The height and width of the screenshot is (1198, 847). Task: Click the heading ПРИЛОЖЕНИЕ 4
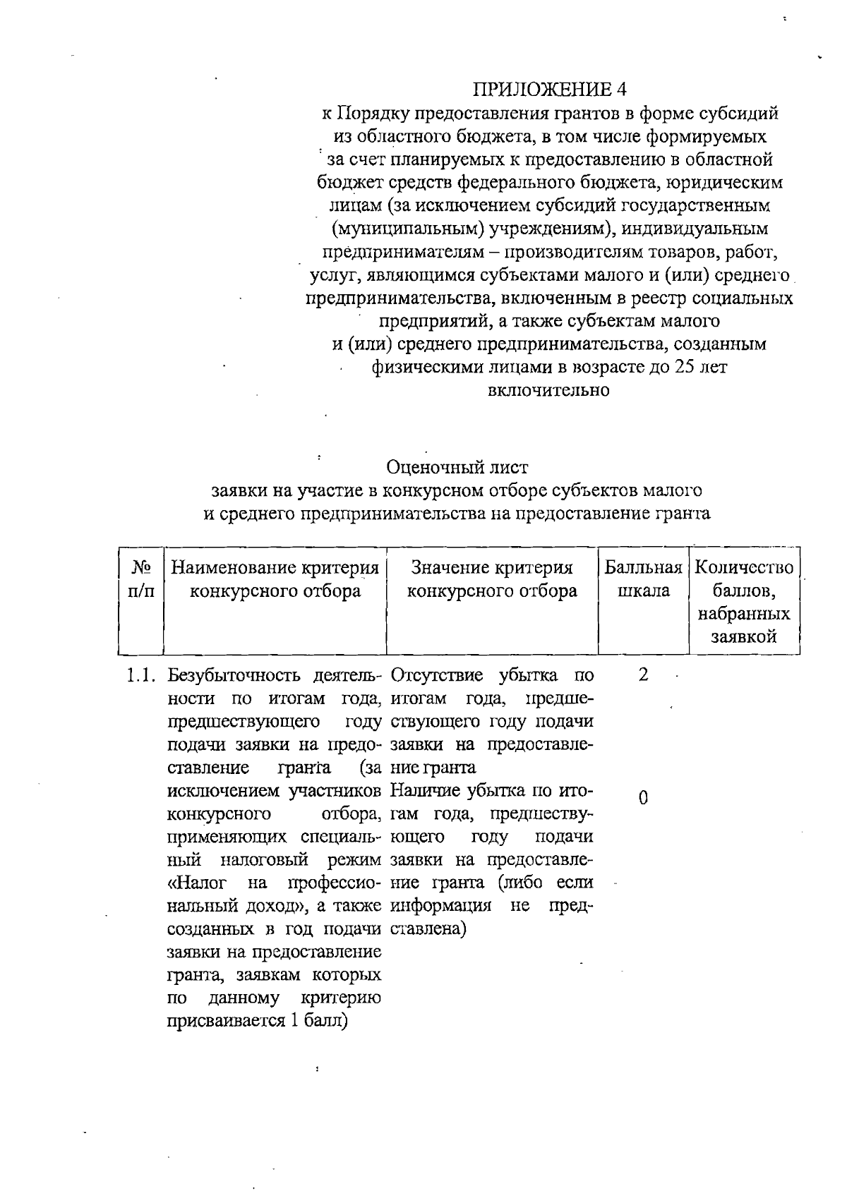[x=549, y=89]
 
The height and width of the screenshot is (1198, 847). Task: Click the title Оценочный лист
[x=457, y=467]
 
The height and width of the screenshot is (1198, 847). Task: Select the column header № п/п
[x=141, y=579]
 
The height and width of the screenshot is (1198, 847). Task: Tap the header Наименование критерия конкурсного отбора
[x=275, y=579]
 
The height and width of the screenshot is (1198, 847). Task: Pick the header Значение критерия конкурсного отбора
[x=492, y=579]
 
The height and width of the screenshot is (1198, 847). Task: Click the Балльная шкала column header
[x=643, y=579]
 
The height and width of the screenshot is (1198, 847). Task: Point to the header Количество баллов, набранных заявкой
[x=744, y=602]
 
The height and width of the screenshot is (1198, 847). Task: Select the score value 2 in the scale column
[x=642, y=675]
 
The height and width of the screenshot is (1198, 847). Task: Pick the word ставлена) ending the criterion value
[x=427, y=929]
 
